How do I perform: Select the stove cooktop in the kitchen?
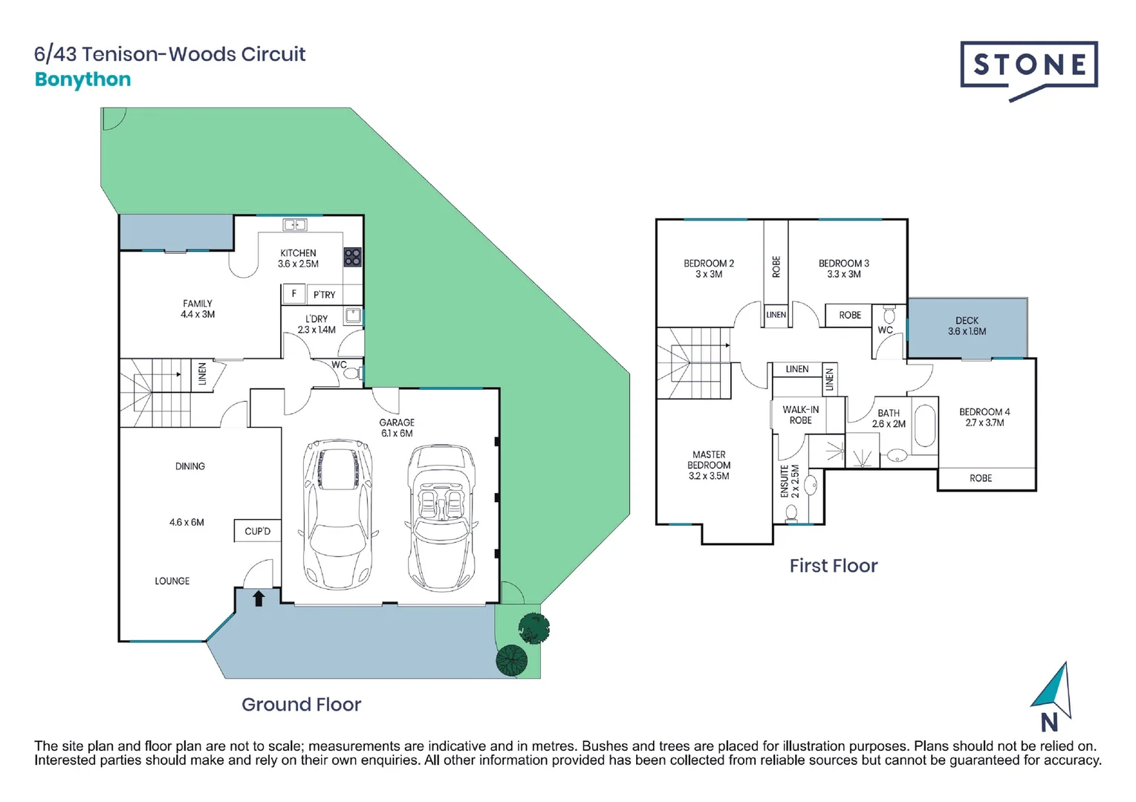coord(352,257)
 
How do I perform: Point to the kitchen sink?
coord(295,224)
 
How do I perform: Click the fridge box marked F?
coord(293,294)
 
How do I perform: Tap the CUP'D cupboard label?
coord(257,531)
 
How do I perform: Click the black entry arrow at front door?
coord(259,598)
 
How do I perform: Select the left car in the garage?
coord(338,512)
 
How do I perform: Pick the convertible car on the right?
coord(442,516)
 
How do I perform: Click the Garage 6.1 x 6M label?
coord(397,428)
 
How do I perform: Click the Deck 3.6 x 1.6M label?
coord(967,326)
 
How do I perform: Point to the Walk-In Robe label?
coord(800,415)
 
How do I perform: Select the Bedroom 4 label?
coord(984,417)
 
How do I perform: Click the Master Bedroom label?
coord(709,465)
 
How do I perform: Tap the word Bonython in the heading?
coord(82,79)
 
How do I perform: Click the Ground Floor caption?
coord(301,704)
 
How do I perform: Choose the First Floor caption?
coord(833,566)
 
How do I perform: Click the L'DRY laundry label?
coord(317,324)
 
